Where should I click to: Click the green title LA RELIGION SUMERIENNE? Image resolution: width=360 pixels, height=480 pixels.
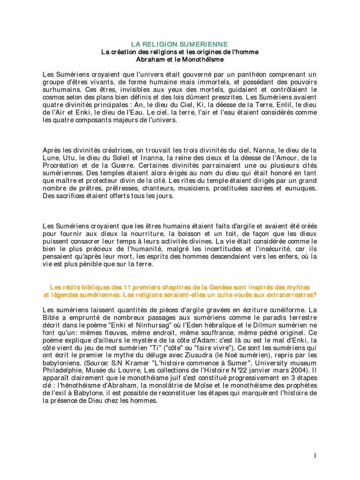coord(180,44)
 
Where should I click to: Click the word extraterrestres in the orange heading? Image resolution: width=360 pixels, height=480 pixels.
coord(286,295)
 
